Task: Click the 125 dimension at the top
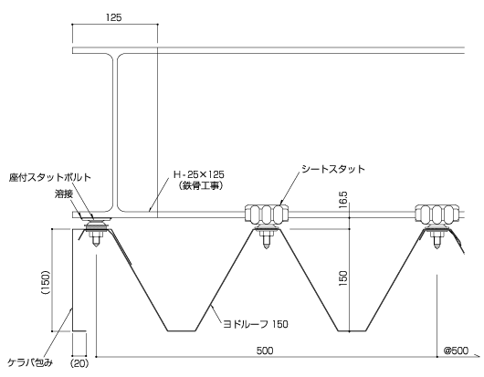pos(113,17)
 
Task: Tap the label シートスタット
pos(333,169)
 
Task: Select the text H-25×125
pos(199,174)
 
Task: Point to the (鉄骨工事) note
pos(201,186)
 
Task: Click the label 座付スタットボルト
pos(50,177)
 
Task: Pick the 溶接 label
pos(64,194)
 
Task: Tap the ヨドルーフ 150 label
pos(256,324)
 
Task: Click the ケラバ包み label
pos(30,362)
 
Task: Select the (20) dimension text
pos(79,363)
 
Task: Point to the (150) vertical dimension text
pos(46,282)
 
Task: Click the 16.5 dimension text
pos(343,200)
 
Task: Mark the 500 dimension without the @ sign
pos(265,351)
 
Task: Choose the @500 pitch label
pos(456,351)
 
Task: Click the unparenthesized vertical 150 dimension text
pos(343,278)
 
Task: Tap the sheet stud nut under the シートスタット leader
pos(267,214)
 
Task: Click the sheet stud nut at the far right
pos(437,214)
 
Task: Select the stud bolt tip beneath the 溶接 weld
pos(96,246)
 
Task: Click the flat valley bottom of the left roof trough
pos(182,331)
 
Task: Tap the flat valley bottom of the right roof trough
pos(352,331)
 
